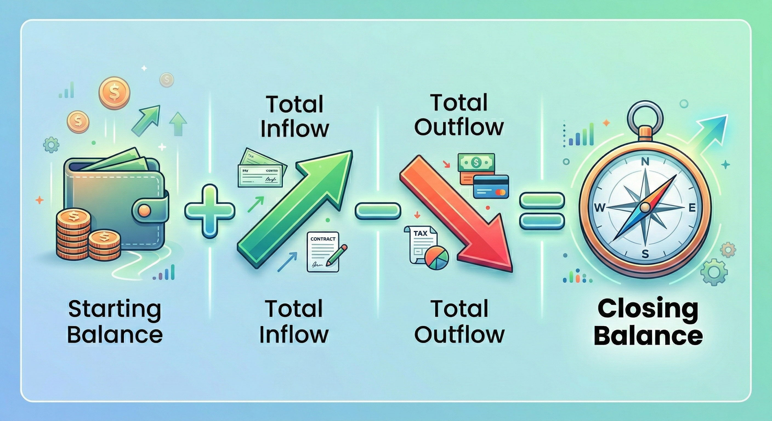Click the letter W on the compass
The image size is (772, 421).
pos(599,208)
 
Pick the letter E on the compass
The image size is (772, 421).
pos(692,208)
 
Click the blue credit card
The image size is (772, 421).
pos(491,186)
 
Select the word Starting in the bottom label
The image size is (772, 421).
pos(115,310)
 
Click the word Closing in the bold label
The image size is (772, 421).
pos(648,309)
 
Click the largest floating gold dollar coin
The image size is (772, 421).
pos(114,89)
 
